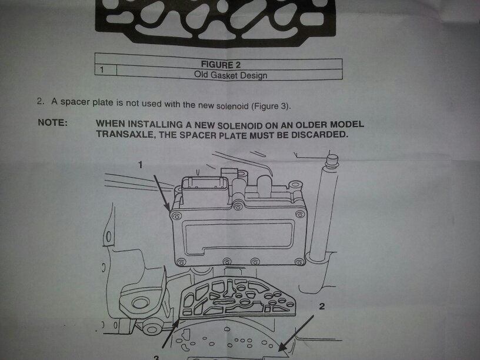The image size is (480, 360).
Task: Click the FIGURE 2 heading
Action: (x=221, y=65)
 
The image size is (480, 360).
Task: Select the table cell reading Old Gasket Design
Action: (x=231, y=75)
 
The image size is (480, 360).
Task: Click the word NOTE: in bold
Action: (x=52, y=122)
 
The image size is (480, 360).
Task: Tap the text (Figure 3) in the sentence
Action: (x=270, y=106)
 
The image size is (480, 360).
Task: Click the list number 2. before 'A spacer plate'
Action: (x=41, y=101)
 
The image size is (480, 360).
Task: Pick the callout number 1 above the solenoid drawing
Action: (x=140, y=165)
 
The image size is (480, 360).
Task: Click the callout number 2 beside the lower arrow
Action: (x=322, y=306)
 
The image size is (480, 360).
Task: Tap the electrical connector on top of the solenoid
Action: (x=205, y=186)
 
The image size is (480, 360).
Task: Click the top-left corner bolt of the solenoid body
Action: (x=176, y=216)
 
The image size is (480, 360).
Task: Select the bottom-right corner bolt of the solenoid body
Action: (x=299, y=262)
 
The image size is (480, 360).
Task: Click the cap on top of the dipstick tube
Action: (x=332, y=161)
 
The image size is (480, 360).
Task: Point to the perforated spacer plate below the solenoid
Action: (x=238, y=297)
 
